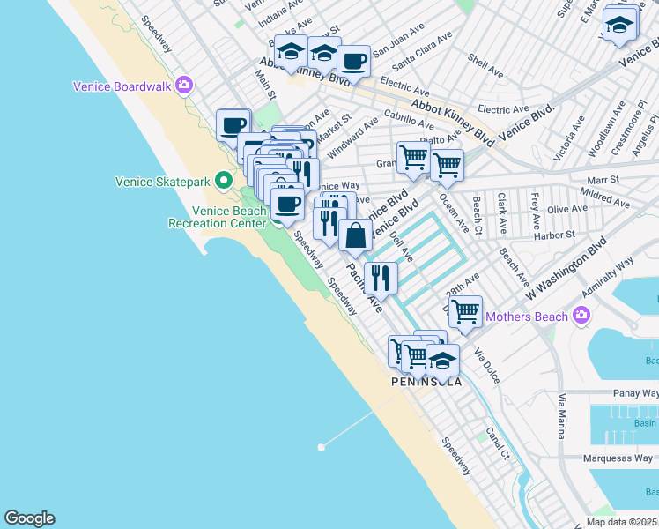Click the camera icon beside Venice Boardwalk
pyautogui.click(x=184, y=86)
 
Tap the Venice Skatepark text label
pyautogui.click(x=163, y=183)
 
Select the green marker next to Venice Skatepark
pyautogui.click(x=225, y=182)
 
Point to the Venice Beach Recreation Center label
pyautogui.click(x=217, y=217)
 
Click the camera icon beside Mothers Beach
pyautogui.click(x=581, y=315)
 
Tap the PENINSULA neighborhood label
pyautogui.click(x=427, y=382)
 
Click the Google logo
pyautogui.click(x=29, y=518)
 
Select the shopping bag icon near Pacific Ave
pyautogui.click(x=355, y=235)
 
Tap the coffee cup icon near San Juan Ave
pyautogui.click(x=353, y=61)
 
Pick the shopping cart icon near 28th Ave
pyautogui.click(x=465, y=310)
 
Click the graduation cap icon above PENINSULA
pyautogui.click(x=442, y=360)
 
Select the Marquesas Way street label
pyautogui.click(x=620, y=458)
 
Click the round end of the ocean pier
pyautogui.click(x=321, y=447)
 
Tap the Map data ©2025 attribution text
pyautogui.click(x=621, y=522)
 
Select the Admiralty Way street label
pyautogui.click(x=607, y=276)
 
